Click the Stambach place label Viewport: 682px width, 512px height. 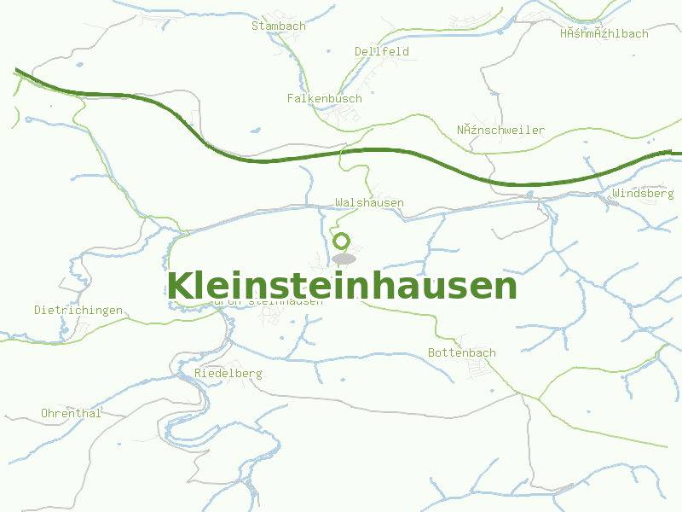[x=278, y=26]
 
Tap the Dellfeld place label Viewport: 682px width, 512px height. [x=382, y=51]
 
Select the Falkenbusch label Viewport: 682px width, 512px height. [x=324, y=98]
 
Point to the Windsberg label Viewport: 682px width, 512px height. [x=643, y=194]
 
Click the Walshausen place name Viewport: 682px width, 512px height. [x=369, y=202]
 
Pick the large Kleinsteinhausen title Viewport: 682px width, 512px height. [x=342, y=286]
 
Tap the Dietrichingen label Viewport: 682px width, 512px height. [x=78, y=310]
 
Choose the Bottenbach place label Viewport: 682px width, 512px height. [x=461, y=352]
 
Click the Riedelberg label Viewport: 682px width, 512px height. [x=228, y=373]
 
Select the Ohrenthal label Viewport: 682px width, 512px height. [x=71, y=413]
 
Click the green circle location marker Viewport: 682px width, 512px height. [x=342, y=241]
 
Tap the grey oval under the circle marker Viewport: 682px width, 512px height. [x=344, y=259]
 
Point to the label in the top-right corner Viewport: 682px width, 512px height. [x=604, y=33]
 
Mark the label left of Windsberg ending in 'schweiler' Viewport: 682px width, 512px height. [x=500, y=130]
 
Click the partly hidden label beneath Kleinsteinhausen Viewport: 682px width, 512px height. [x=269, y=301]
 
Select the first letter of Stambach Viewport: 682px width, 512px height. [x=254, y=26]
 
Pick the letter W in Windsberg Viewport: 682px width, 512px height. [x=616, y=194]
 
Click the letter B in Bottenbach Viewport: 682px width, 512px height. [x=431, y=352]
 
